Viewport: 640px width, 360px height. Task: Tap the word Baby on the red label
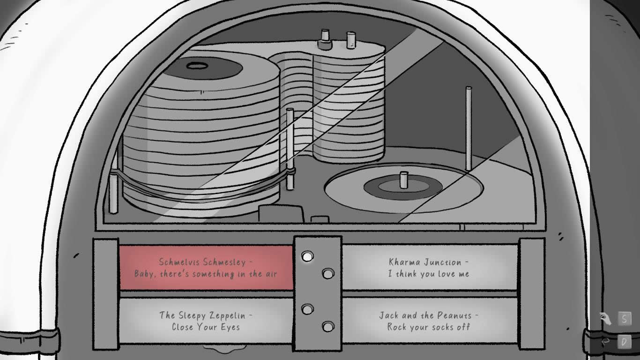point(145,274)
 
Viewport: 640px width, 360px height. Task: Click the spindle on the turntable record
point(403,180)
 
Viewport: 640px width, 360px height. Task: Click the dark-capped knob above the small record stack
point(325,39)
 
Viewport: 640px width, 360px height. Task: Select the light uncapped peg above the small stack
point(350,39)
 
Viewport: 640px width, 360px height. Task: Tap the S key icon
point(624,319)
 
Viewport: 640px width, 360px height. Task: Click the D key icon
point(624,342)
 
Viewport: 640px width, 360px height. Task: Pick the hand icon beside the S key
point(605,319)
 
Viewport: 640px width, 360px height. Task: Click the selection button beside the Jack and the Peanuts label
point(328,326)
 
